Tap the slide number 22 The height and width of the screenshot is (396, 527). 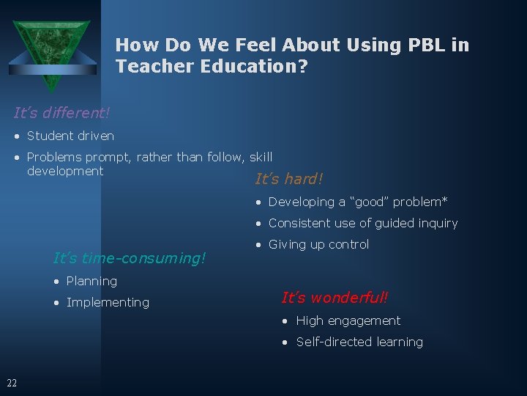12,382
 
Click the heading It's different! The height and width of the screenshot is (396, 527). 61,113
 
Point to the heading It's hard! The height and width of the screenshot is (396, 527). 288,179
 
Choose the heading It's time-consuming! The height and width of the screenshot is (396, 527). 130,258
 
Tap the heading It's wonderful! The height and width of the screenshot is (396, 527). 334,298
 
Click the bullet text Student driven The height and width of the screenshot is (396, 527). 70,136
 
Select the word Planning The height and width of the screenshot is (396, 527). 91,281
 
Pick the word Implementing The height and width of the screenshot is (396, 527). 108,302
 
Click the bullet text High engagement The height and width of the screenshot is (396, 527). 348,320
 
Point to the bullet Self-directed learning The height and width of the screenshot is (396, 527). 359,342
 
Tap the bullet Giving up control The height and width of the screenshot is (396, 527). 318,244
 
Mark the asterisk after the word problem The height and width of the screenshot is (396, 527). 445,200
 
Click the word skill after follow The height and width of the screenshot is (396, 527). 261,157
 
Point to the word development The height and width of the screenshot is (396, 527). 65,171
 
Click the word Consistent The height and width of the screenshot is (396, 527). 297,223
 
